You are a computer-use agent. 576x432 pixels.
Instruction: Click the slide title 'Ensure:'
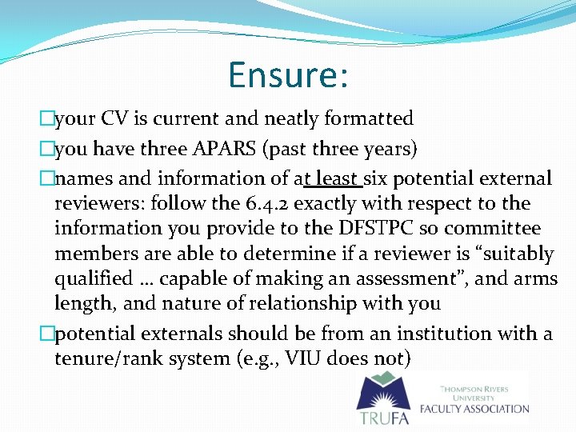tap(288, 74)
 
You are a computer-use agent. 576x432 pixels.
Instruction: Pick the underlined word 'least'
tap(339, 178)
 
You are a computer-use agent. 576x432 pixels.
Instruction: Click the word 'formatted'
tap(369, 119)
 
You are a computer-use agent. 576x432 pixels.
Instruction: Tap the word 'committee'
tap(486, 229)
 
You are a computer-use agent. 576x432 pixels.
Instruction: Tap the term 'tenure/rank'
tap(106, 358)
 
